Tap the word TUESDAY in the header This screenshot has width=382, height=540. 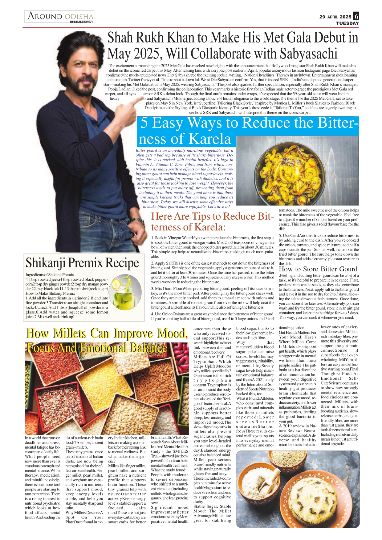pos(347,23)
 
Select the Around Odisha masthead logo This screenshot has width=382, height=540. pos(60,16)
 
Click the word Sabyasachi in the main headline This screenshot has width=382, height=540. pos(308,54)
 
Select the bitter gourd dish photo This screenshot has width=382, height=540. pos(297,170)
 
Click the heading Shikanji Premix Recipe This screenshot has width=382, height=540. pos(82,263)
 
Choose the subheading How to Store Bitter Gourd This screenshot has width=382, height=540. pos(318,269)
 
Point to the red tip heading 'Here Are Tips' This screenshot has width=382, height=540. pos(212,222)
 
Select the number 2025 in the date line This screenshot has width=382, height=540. pos(346,17)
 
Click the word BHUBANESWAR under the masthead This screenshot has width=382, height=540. pos(81,22)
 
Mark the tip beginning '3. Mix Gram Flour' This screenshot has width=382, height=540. pos(213,298)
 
